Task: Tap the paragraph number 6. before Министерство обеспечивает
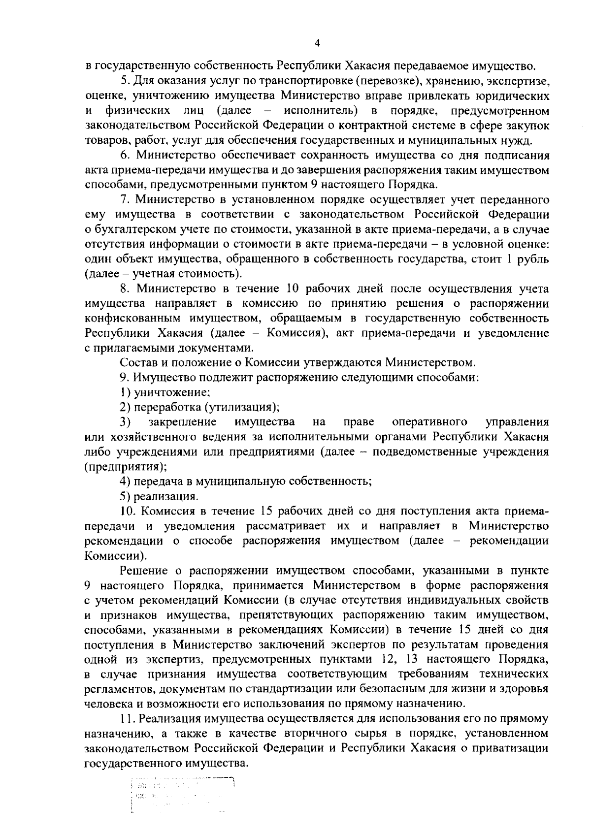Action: (x=126, y=156)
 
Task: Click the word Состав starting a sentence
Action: (x=137, y=363)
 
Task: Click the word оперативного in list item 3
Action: (x=429, y=422)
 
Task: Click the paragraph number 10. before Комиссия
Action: (x=128, y=511)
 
